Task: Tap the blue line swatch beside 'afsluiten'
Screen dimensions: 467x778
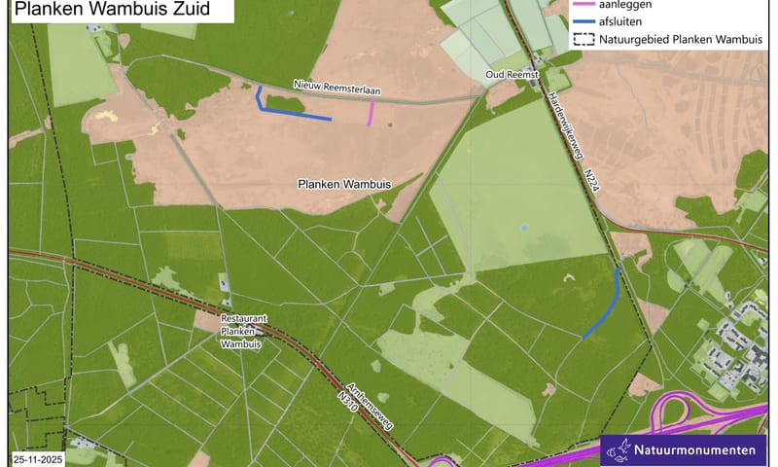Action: pyautogui.click(x=583, y=22)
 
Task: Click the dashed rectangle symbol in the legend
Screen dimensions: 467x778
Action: pyautogui.click(x=583, y=40)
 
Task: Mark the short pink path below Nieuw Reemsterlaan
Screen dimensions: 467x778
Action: pyautogui.click(x=370, y=114)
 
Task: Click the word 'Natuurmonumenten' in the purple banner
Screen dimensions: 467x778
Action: pyautogui.click(x=696, y=450)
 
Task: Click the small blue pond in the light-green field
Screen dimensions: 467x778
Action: pyautogui.click(x=523, y=229)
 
